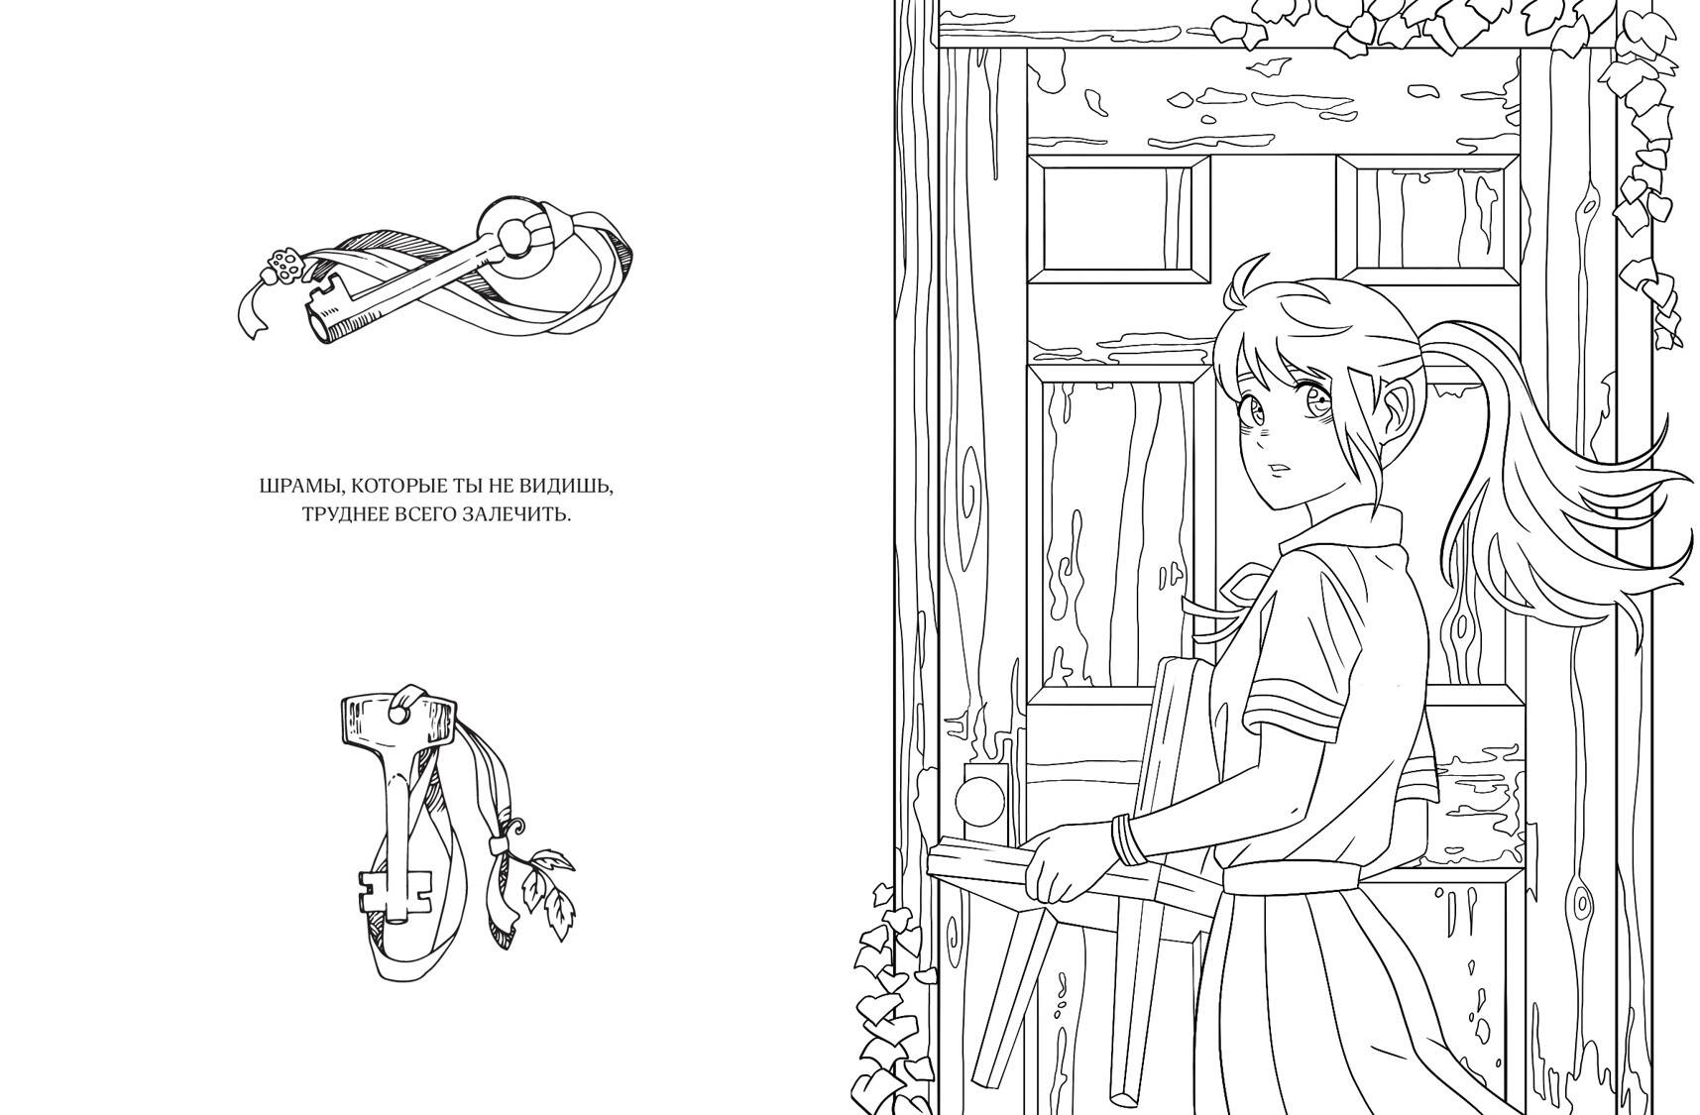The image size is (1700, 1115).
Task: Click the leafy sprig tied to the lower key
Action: click(546, 888)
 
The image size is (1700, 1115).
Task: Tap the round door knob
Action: click(980, 798)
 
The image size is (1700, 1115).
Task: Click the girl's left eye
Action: click(1255, 405)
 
